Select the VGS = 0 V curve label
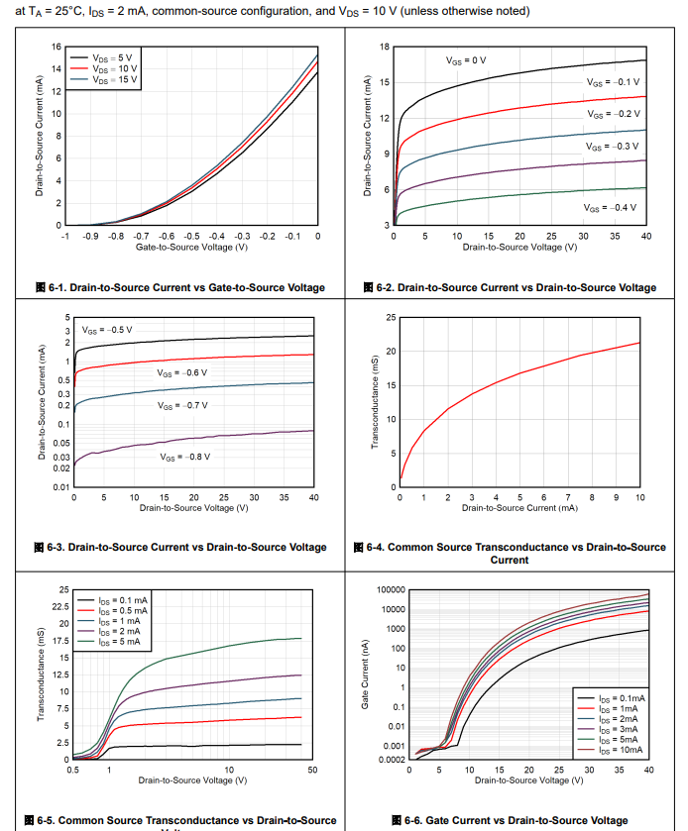click(x=466, y=60)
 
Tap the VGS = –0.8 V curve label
click(x=185, y=457)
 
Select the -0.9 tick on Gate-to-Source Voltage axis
click(x=89, y=237)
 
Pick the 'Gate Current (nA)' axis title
click(x=365, y=675)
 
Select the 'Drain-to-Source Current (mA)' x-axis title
click(x=519, y=508)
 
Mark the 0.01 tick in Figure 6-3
click(x=62, y=487)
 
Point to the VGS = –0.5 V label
click(x=107, y=330)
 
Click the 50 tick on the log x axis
click(x=311, y=771)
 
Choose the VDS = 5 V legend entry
click(x=108, y=58)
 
